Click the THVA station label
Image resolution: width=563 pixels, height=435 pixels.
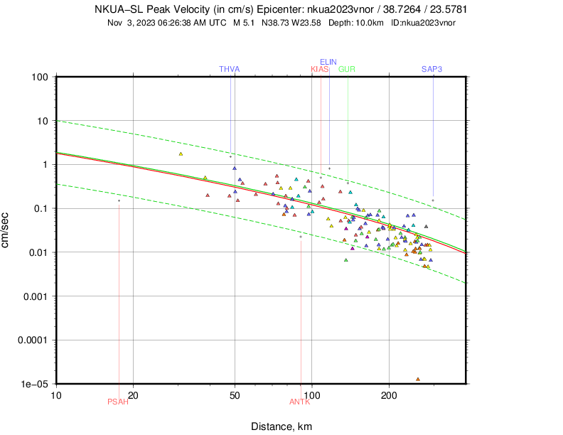pos(230,69)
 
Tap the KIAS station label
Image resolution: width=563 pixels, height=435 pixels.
pos(320,69)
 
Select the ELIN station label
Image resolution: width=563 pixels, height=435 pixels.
pos(328,62)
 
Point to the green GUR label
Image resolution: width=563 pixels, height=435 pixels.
pos(347,69)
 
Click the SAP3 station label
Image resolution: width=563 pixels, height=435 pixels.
pos(432,69)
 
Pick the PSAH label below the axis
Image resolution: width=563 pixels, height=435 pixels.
pos(118,402)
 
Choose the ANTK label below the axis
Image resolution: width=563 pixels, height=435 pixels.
pos(300,402)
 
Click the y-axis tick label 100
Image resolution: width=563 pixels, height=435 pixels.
pos(39,77)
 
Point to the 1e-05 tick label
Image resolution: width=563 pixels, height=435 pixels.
pos(34,384)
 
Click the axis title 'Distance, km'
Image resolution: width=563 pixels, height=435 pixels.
pos(281,426)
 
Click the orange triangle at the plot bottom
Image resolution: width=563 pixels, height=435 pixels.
pos(418,379)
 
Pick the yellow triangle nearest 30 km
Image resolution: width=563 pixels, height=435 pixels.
pos(181,154)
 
